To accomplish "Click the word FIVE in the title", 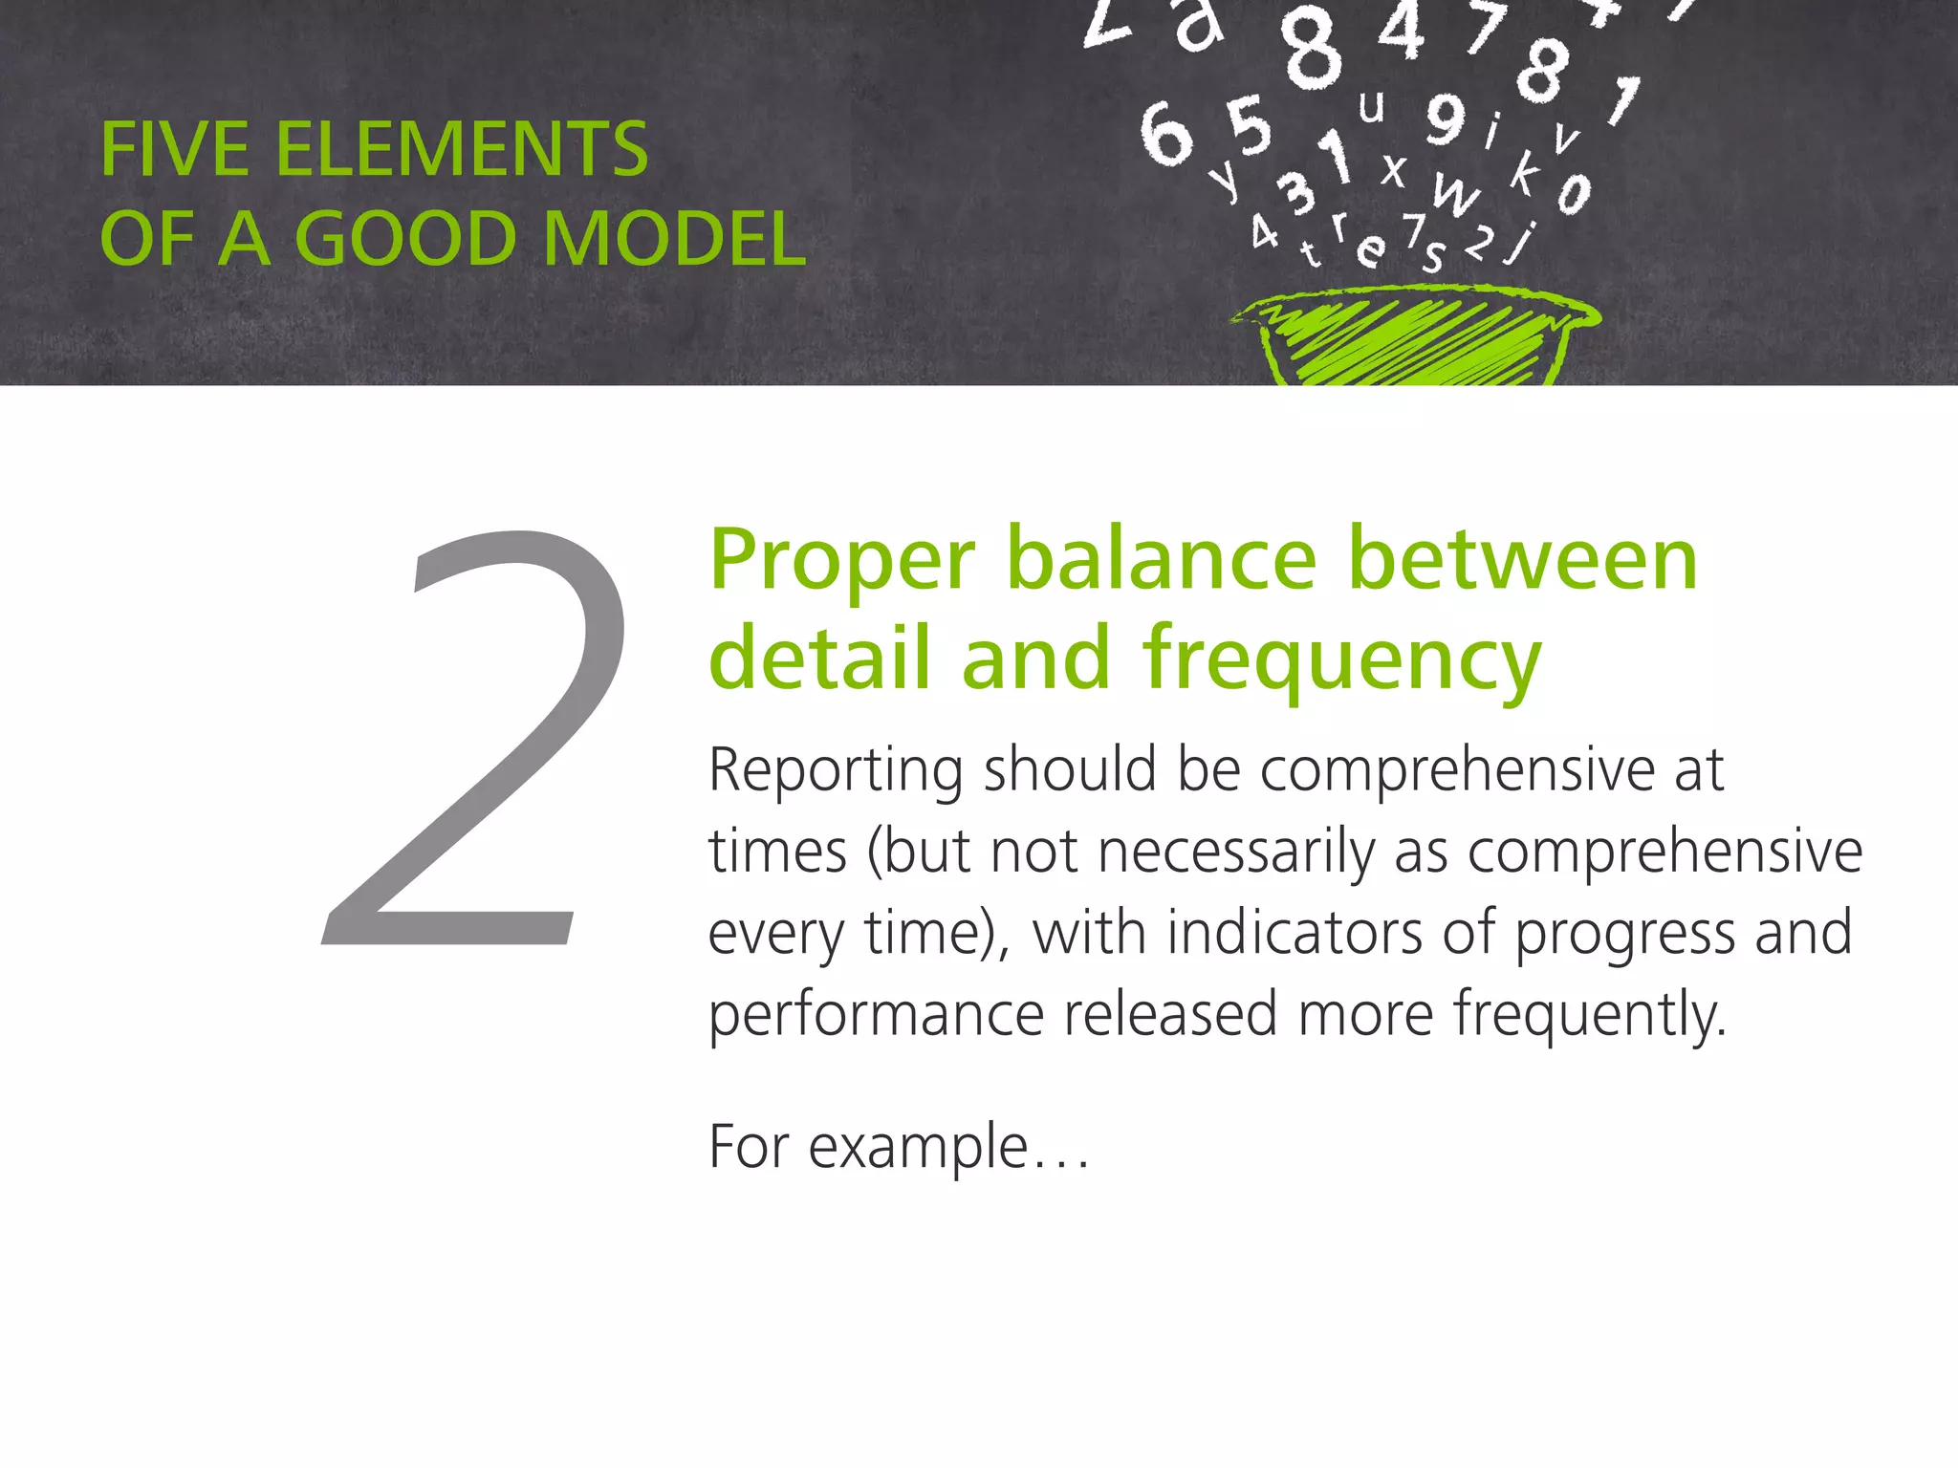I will click(x=174, y=150).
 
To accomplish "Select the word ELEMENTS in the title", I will click(x=462, y=150).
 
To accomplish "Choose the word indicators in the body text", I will click(x=1294, y=933).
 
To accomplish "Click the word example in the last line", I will click(x=918, y=1147).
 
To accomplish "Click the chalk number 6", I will click(x=1165, y=135).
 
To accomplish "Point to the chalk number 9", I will click(x=1445, y=119).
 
